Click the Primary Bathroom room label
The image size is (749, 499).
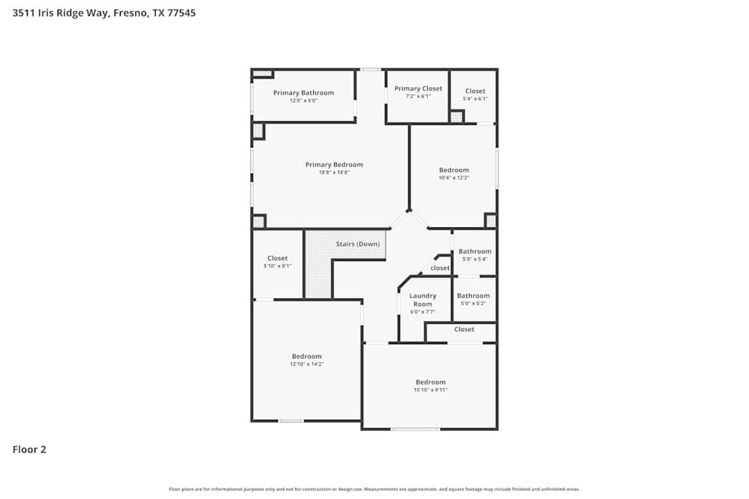tap(303, 93)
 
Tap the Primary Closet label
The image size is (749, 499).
tap(418, 88)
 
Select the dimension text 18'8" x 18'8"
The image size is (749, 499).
tap(334, 172)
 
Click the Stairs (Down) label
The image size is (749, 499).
tap(357, 244)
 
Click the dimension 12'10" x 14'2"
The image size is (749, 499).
tap(306, 364)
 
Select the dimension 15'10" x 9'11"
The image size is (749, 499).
tap(430, 390)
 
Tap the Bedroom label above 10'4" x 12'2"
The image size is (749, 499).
tap(454, 170)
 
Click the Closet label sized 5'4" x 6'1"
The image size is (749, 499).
tap(475, 91)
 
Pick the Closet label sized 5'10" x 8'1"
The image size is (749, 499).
tap(277, 258)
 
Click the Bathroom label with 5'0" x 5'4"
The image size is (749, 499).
tap(475, 251)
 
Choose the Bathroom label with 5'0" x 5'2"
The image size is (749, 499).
tap(473, 296)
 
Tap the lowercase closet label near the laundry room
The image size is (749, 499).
tap(440, 268)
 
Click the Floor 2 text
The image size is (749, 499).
tap(29, 450)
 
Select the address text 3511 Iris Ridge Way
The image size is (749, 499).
tap(60, 13)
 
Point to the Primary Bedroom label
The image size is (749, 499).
tap(334, 165)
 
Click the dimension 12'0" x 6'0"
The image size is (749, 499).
tap(303, 100)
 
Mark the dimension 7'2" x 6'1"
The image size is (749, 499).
tap(418, 96)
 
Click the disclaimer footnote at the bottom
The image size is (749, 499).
tap(374, 489)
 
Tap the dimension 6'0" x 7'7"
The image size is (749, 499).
tap(422, 311)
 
